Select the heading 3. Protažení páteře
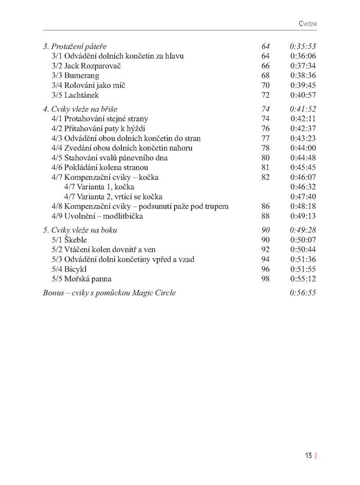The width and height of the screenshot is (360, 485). [x=75, y=46]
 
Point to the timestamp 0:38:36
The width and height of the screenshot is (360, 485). [x=302, y=76]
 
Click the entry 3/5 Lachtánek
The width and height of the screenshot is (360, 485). [x=75, y=95]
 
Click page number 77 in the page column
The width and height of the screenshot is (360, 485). [x=265, y=138]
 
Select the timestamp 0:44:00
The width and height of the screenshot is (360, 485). [x=302, y=148]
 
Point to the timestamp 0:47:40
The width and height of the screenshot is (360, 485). [x=302, y=197]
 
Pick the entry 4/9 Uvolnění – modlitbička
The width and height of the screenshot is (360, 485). [x=97, y=217]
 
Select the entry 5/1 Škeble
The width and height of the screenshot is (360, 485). [x=69, y=240]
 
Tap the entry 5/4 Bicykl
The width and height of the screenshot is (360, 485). [x=69, y=270]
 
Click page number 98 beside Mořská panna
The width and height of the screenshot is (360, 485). [x=265, y=279]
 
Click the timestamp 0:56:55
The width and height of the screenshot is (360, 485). [x=302, y=293]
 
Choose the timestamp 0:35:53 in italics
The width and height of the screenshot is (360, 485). [x=302, y=46]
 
